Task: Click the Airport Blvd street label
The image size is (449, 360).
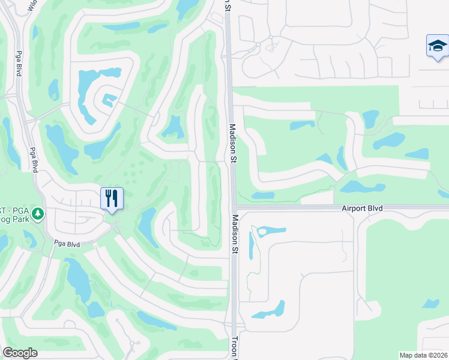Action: [x=362, y=208]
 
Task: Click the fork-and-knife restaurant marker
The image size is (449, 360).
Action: [x=112, y=199]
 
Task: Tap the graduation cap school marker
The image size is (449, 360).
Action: [x=437, y=46]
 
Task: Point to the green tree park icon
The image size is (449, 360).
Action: [x=38, y=214]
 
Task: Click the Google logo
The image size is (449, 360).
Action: [x=20, y=353]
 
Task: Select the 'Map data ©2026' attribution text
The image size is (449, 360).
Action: [x=423, y=355]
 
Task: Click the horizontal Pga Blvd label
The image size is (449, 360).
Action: [x=67, y=244]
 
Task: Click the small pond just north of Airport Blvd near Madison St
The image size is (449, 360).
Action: [x=262, y=195]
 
